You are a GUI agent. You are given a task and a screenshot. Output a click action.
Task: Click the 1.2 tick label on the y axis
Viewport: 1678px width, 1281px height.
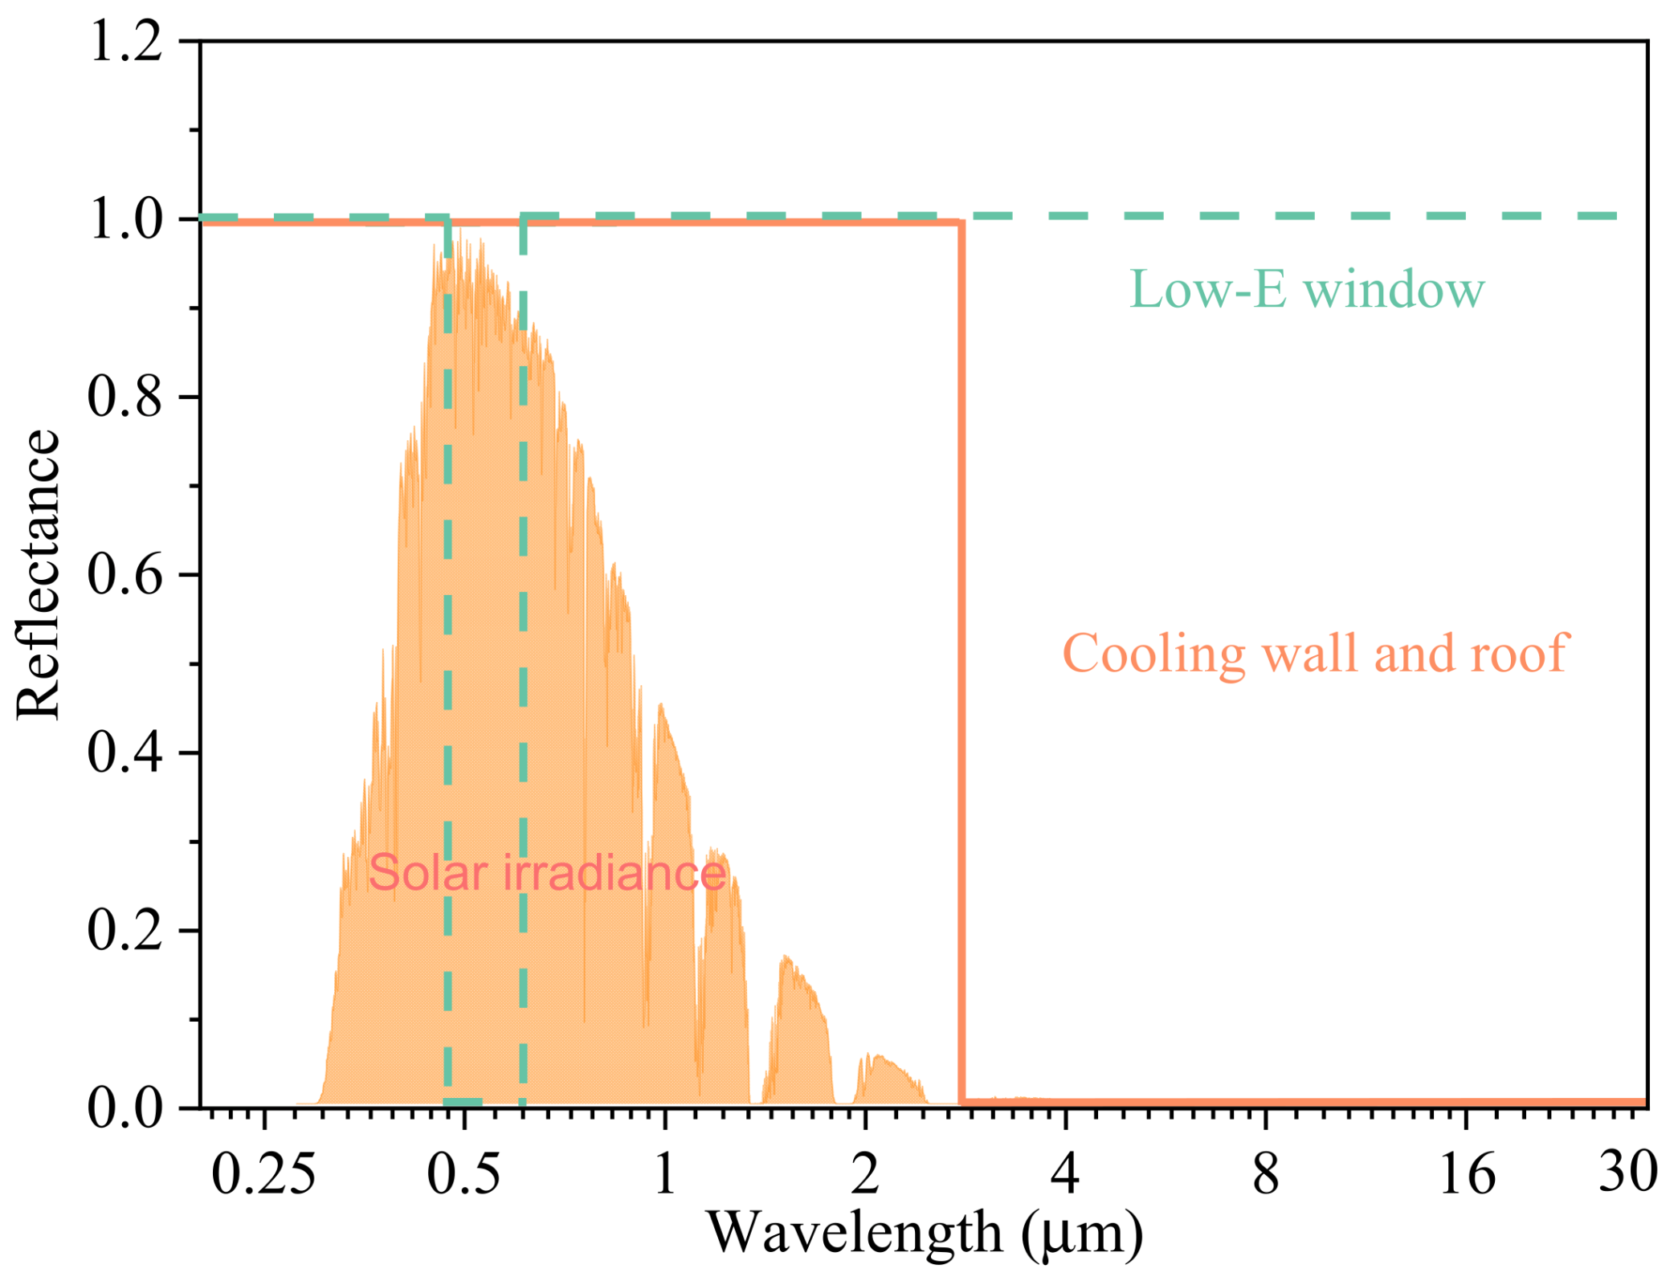coord(126,41)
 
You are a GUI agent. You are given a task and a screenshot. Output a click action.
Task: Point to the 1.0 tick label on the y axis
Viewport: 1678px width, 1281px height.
coord(126,219)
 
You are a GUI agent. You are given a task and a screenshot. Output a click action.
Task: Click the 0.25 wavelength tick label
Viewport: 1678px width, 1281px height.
coord(263,1175)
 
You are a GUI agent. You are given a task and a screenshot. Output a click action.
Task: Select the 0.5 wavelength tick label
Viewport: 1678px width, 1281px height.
coord(463,1175)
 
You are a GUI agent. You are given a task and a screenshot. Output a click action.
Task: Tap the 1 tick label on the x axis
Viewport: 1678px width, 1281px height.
coord(664,1175)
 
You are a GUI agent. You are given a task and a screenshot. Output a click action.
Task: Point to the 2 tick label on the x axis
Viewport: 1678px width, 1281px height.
coord(865,1175)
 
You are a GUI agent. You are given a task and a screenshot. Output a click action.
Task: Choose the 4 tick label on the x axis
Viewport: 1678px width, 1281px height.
coord(1065,1175)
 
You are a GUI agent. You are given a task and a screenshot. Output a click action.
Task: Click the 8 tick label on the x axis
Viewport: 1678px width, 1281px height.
coord(1266,1175)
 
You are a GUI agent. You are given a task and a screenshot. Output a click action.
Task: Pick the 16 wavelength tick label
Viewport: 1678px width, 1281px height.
coord(1467,1175)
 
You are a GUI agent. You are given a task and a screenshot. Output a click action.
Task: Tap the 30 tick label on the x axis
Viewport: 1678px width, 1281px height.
coord(1627,1173)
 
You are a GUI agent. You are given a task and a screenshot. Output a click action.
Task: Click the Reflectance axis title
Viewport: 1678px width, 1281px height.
coord(38,575)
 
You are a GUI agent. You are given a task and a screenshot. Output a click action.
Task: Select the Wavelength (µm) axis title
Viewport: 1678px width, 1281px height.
coord(925,1234)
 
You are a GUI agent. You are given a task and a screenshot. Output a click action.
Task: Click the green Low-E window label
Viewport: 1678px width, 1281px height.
coord(1307,289)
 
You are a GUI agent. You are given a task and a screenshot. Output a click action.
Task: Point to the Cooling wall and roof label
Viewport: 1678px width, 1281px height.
coord(1315,654)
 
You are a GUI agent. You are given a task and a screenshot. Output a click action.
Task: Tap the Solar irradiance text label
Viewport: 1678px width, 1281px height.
coord(547,874)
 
